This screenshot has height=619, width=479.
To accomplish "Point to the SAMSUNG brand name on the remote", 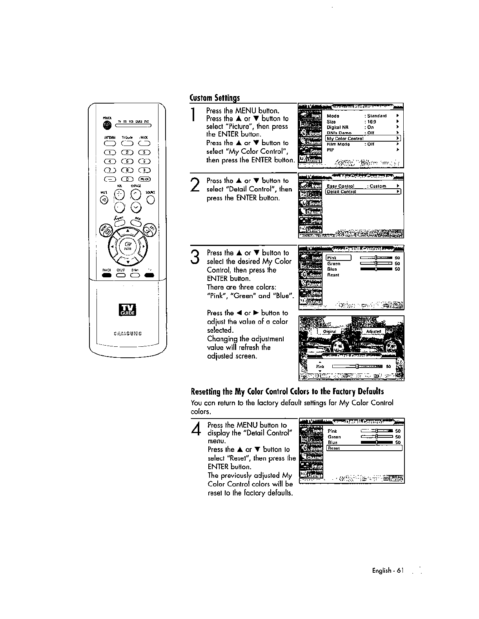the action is point(127,334).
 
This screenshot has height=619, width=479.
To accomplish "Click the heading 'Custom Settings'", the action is point(215,98).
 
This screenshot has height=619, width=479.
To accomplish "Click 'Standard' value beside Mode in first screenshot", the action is point(377,116).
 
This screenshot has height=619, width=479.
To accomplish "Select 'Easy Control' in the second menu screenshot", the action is point(341,186).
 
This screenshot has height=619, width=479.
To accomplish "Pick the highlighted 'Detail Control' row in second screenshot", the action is point(363,192).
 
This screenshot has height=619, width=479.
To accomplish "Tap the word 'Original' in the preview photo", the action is point(329,331).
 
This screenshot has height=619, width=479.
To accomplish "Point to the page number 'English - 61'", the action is point(388,571).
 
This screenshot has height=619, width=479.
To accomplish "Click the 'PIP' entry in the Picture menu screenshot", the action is point(330,150).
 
